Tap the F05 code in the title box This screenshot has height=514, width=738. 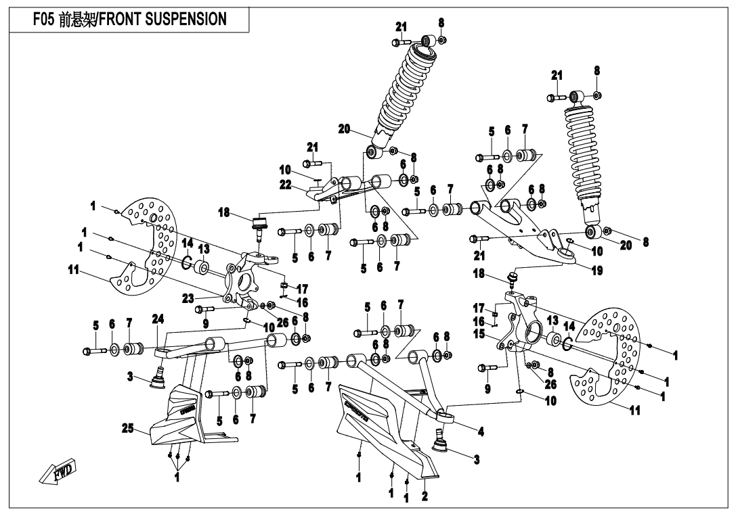45,20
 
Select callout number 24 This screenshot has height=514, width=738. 158,319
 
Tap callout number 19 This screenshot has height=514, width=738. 597,270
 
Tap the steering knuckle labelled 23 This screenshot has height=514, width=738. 244,281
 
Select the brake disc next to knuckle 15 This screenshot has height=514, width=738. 613,358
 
